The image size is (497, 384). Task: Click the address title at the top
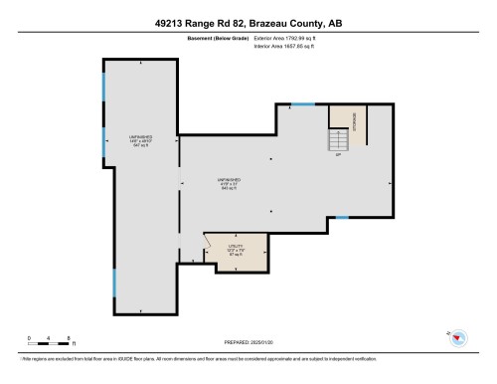(x=248, y=21)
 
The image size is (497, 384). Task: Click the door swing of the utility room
(x=211, y=241)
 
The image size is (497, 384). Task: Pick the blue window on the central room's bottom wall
(x=341, y=217)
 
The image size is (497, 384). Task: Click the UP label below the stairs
(x=339, y=156)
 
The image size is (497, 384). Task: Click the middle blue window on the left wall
(x=104, y=141)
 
